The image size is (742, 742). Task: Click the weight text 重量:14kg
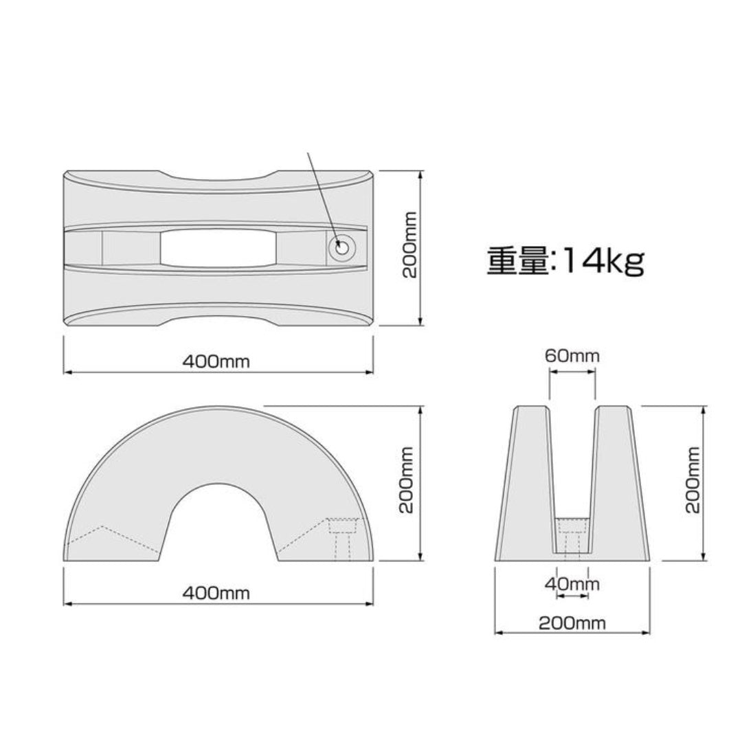[565, 262]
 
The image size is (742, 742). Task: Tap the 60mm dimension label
[572, 356]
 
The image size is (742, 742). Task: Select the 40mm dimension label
[572, 585]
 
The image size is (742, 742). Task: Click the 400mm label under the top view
[216, 361]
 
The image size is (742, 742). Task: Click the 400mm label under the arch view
[216, 593]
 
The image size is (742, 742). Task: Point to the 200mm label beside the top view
[410, 244]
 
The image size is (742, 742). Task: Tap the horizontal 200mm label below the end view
[572, 623]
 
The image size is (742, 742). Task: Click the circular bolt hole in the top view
[341, 247]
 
